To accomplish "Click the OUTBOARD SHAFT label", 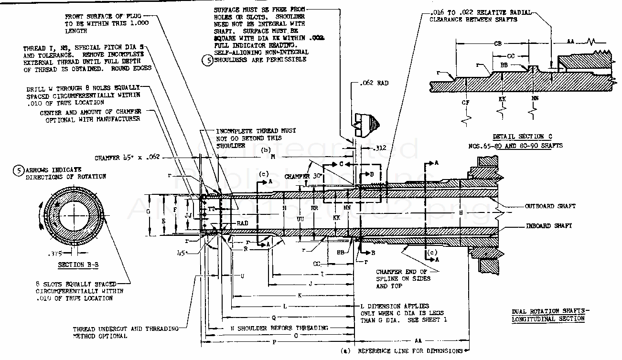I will pos(550,206).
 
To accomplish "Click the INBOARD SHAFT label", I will pos(549,226).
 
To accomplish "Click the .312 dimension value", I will pos(379,148).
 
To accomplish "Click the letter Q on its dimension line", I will pos(273,317).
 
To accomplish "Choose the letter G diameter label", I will pos(148,211).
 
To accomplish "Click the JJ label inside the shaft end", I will pos(189,215).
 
